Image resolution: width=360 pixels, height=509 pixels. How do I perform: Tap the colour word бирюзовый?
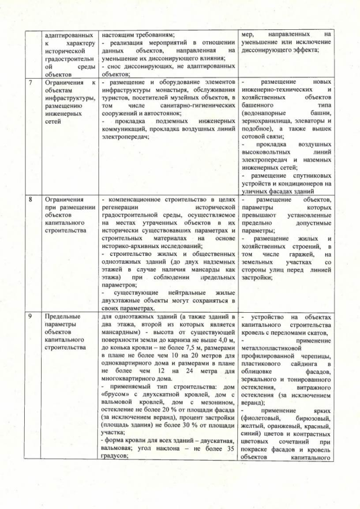coord(308,418)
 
